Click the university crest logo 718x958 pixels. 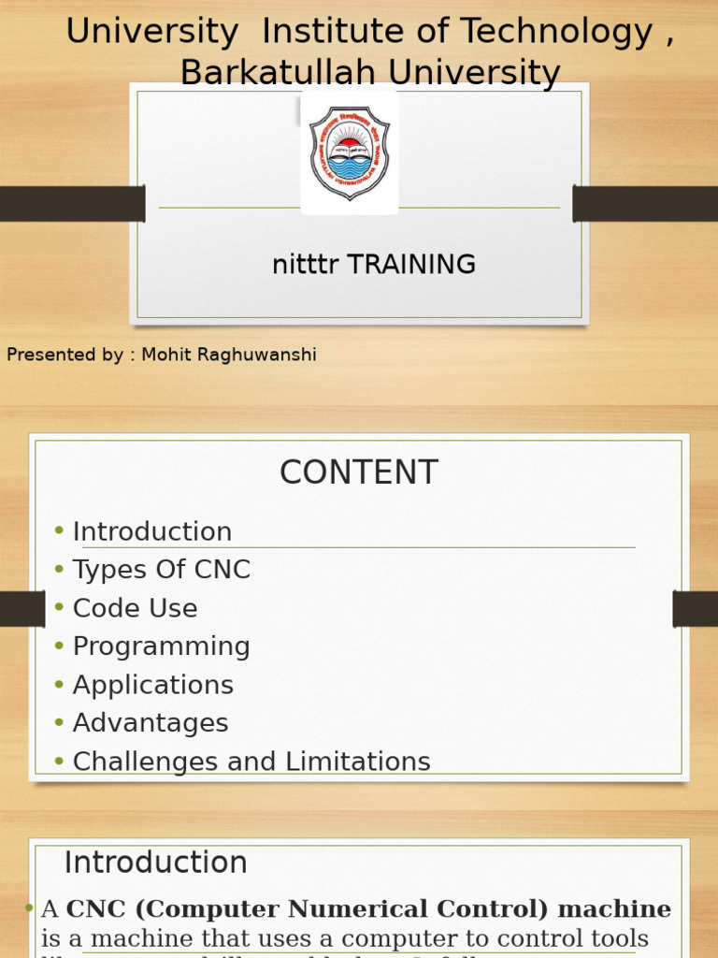click(349, 152)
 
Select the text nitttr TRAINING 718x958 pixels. click(373, 265)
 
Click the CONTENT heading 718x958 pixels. click(358, 472)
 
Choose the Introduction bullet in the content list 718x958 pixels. click(152, 531)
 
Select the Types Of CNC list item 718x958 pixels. click(162, 570)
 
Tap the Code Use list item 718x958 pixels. click(136, 608)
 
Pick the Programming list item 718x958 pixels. click(162, 646)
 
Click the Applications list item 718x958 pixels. click(153, 685)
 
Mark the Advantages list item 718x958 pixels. click(151, 723)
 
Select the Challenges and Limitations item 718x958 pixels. click(251, 762)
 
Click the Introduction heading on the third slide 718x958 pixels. click(155, 863)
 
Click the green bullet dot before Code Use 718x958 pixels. click(59, 608)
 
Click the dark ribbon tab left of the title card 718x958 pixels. click(72, 204)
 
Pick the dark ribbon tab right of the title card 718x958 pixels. click(645, 204)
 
